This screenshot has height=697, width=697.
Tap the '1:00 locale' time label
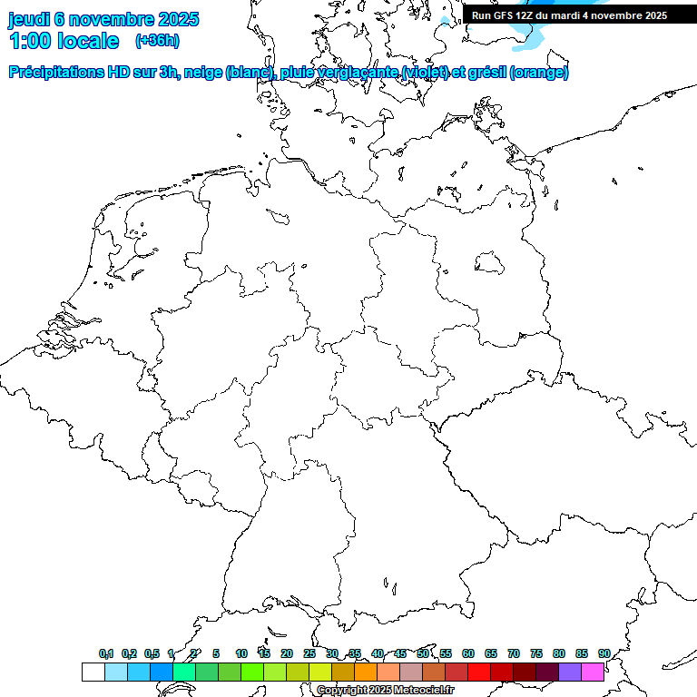click(64, 41)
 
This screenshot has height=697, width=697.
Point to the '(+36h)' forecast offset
click(157, 41)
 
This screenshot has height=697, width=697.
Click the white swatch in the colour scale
click(93, 672)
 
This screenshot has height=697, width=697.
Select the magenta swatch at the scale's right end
click(593, 672)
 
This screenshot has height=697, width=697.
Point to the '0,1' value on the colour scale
click(106, 653)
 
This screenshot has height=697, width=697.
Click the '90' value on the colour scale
click(604, 653)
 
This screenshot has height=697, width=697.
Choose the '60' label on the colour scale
click(468, 653)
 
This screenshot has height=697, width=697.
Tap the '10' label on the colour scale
click(241, 653)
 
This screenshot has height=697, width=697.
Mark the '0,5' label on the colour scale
click(152, 653)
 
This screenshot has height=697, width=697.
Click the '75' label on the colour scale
click(536, 653)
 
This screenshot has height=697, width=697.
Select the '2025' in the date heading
click(178, 19)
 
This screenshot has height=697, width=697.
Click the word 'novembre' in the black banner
click(607, 15)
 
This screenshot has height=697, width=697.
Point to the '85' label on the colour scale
click(582, 653)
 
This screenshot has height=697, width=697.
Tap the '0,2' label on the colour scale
click(129, 653)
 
